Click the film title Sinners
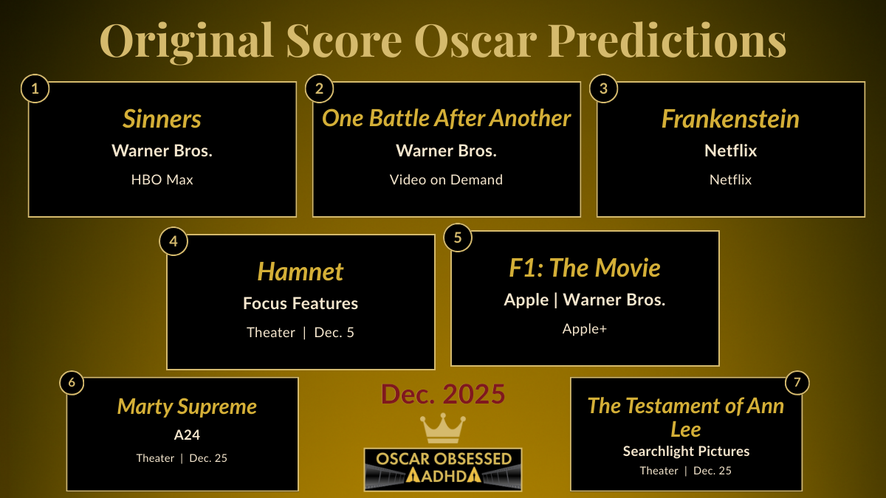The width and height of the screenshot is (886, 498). pyautogui.click(x=162, y=119)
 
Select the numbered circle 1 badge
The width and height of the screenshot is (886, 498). pyautogui.click(x=35, y=89)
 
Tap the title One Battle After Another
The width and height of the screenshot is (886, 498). pyautogui.click(x=446, y=118)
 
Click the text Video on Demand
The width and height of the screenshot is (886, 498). pyautogui.click(x=446, y=179)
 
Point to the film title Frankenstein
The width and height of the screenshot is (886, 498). pyautogui.click(x=730, y=119)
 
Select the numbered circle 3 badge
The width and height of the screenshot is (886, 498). pyautogui.click(x=603, y=89)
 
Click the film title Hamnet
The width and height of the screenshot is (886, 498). pyautogui.click(x=301, y=272)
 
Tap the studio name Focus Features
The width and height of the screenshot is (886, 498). pyautogui.click(x=301, y=303)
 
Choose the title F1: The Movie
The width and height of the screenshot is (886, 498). pyautogui.click(x=585, y=268)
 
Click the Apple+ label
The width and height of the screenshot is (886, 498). pyautogui.click(x=585, y=329)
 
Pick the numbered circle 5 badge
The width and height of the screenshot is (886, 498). pyautogui.click(x=458, y=238)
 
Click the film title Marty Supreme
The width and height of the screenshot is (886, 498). pyautogui.click(x=187, y=407)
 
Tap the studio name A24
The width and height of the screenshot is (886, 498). pyautogui.click(x=187, y=435)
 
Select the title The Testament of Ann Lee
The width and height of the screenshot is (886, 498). pyautogui.click(x=686, y=417)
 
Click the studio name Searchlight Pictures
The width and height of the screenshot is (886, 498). pyautogui.click(x=686, y=451)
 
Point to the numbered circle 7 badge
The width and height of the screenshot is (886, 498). pyautogui.click(x=797, y=383)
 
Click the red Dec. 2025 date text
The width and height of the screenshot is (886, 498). pyautogui.click(x=443, y=395)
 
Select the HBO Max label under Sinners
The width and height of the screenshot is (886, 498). pyautogui.click(x=162, y=179)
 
